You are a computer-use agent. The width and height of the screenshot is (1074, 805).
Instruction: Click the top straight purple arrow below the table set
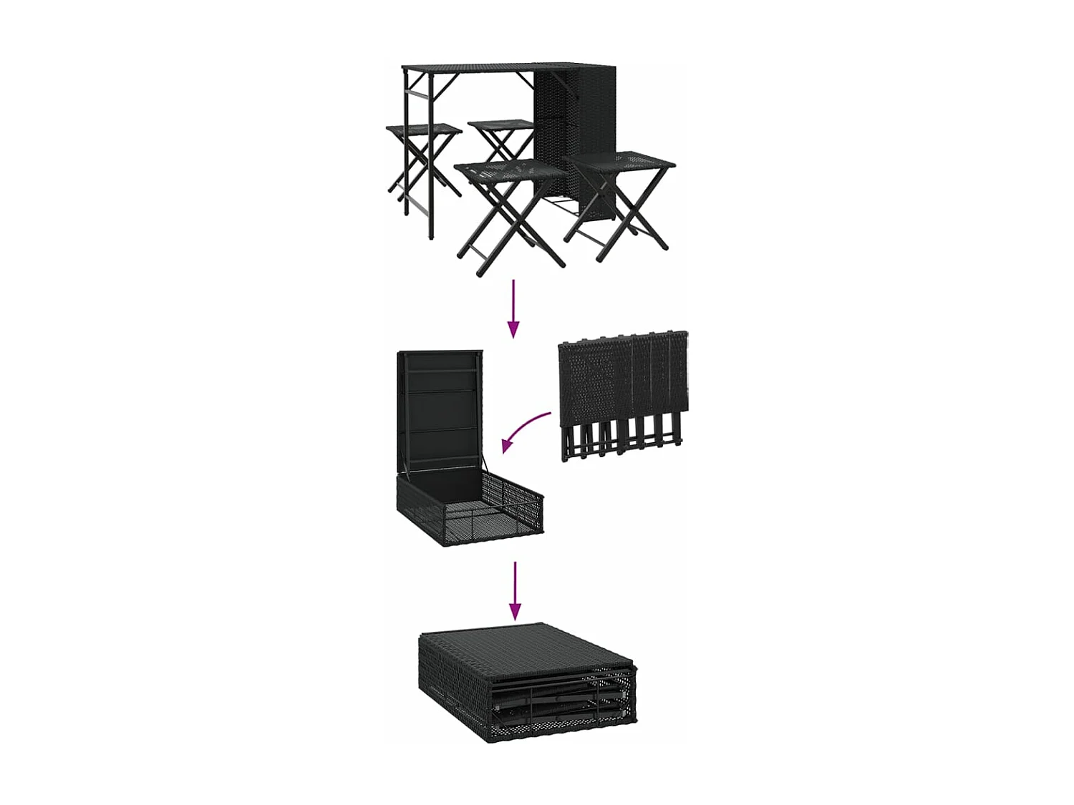point(513,308)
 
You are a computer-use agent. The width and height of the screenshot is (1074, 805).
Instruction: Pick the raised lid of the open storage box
point(440,408)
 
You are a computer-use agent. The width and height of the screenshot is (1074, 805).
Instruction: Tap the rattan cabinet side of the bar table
point(573,129)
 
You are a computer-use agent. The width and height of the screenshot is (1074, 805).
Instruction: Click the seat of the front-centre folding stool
point(510,172)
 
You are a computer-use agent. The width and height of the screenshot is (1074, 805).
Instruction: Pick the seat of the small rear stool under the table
point(501,125)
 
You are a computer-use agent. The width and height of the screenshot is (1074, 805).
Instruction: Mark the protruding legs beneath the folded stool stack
point(619,440)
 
